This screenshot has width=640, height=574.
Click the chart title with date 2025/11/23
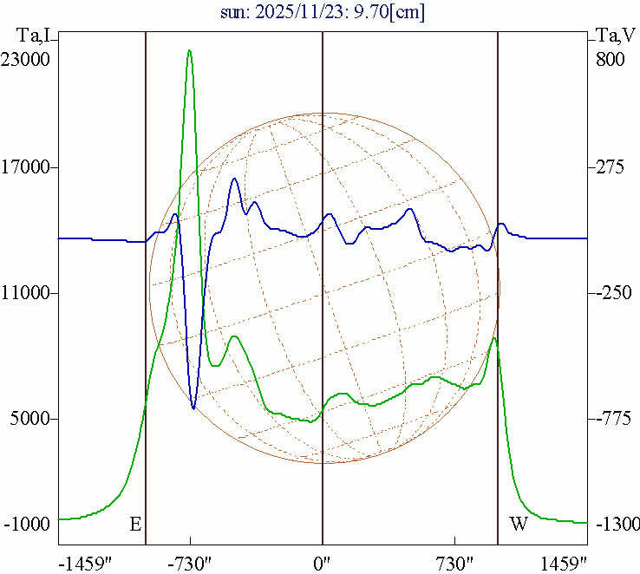point(320,13)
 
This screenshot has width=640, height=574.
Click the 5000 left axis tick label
point(31,419)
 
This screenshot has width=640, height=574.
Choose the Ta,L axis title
point(32,36)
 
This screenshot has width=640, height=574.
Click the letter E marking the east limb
point(134,525)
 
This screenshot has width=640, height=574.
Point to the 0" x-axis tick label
point(323,562)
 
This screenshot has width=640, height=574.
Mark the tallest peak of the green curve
point(189,50)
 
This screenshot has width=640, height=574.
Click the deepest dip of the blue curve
point(193,408)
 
